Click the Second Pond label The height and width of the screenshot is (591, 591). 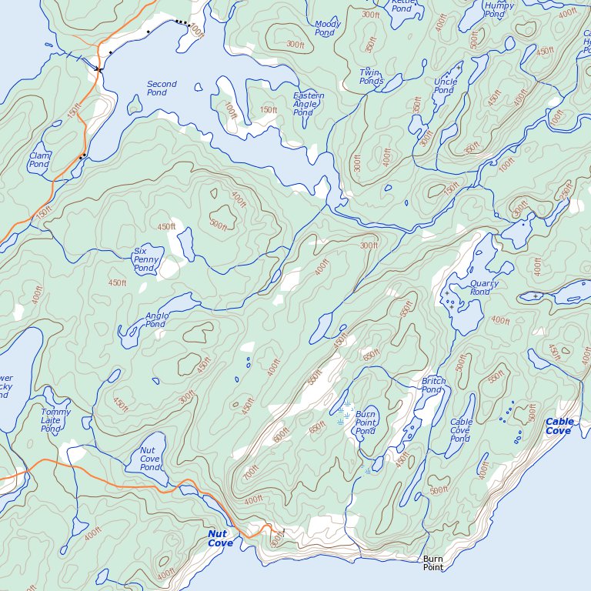click(162, 88)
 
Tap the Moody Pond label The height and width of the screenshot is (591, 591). click(328, 28)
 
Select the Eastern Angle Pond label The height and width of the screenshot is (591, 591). click(309, 104)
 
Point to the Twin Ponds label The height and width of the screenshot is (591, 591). click(371, 77)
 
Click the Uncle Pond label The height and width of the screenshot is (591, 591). click(445, 86)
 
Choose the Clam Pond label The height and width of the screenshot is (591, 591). click(38, 160)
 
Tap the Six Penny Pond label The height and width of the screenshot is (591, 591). click(145, 259)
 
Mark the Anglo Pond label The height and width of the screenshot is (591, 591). click(156, 320)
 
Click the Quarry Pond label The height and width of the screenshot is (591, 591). click(484, 288)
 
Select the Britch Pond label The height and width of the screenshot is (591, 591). click(433, 386)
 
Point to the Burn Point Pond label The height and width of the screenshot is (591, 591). click(366, 422)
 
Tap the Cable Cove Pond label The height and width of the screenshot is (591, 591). click(461, 430)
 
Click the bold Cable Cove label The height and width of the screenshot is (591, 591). click(559, 426)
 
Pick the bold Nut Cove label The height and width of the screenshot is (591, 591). click(220, 539)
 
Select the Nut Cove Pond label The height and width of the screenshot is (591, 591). click(151, 459)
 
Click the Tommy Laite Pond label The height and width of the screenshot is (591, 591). click(55, 420)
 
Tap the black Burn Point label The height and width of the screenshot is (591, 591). click(433, 563)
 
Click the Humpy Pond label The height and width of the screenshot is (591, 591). click(499, 10)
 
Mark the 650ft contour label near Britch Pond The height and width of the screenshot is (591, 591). click(372, 355)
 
